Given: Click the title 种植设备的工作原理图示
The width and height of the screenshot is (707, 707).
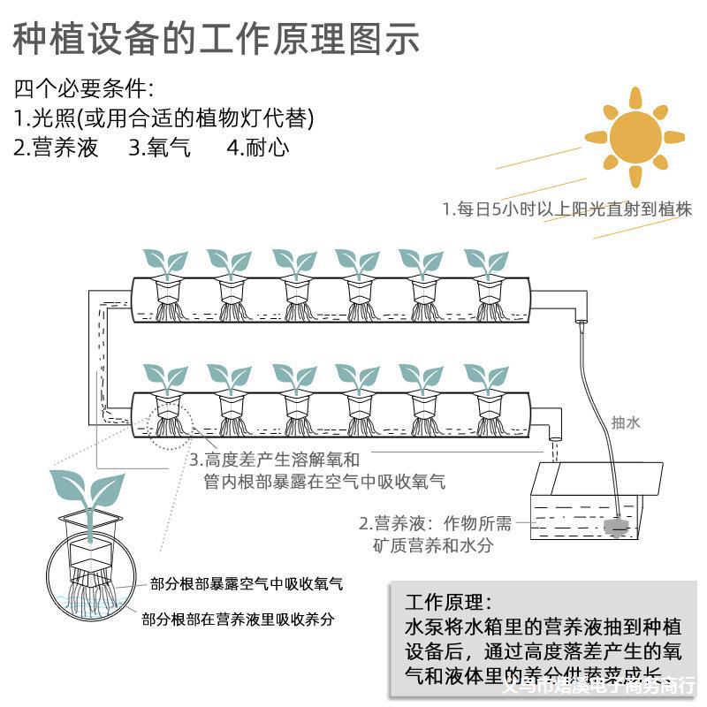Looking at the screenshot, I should tap(217, 40).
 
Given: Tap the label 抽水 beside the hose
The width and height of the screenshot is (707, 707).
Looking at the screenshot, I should tap(626, 422).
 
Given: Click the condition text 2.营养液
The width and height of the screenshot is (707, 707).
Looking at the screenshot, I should tap(56, 148).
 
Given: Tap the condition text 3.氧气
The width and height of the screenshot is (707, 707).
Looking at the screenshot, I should tap(159, 148).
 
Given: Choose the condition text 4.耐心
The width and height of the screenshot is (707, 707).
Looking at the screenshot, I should tap(257, 148).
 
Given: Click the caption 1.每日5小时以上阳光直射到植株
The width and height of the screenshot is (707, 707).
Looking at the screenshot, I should tap(566, 209).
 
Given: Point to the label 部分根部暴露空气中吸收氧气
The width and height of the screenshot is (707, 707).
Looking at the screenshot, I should tap(247, 584).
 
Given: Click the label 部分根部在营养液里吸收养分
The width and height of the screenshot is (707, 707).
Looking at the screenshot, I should tap(239, 620).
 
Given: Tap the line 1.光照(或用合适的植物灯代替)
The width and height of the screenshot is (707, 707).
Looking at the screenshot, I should tap(164, 118).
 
